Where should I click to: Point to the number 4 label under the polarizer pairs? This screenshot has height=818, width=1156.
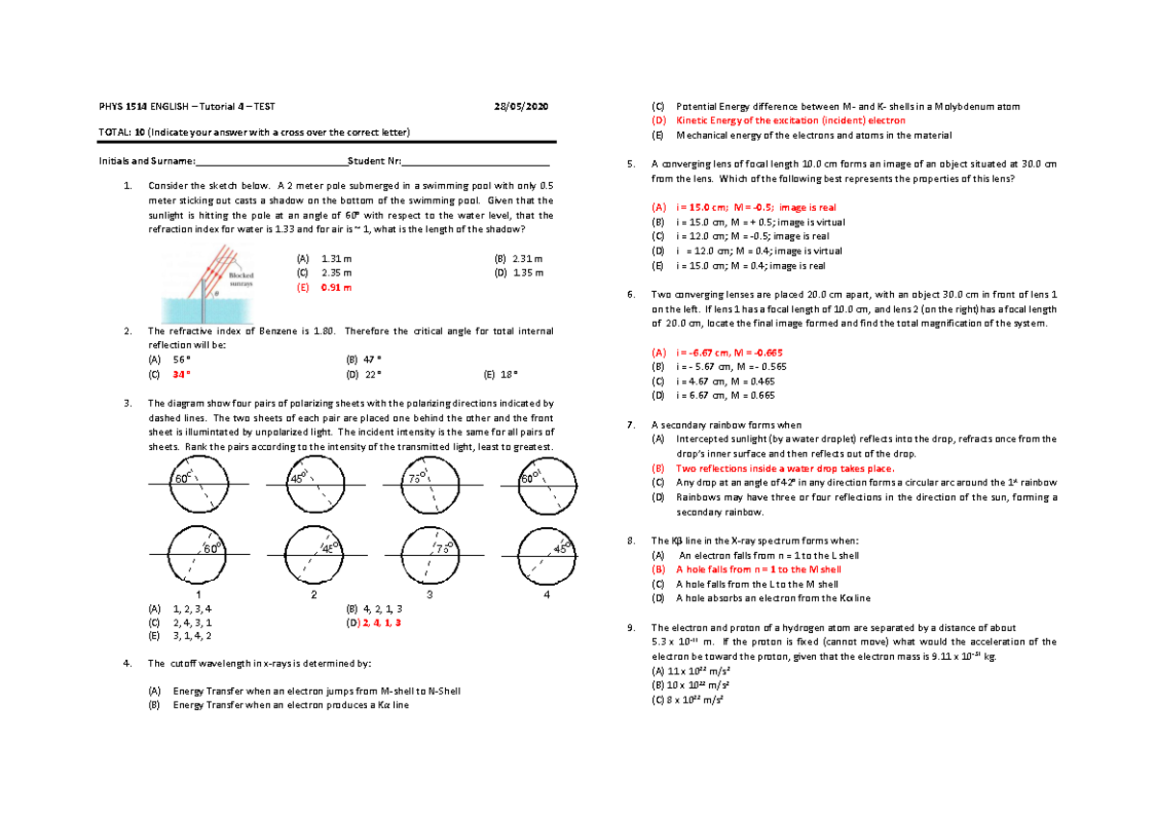[x=547, y=594]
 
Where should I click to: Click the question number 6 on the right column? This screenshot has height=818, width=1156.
[x=629, y=294]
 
